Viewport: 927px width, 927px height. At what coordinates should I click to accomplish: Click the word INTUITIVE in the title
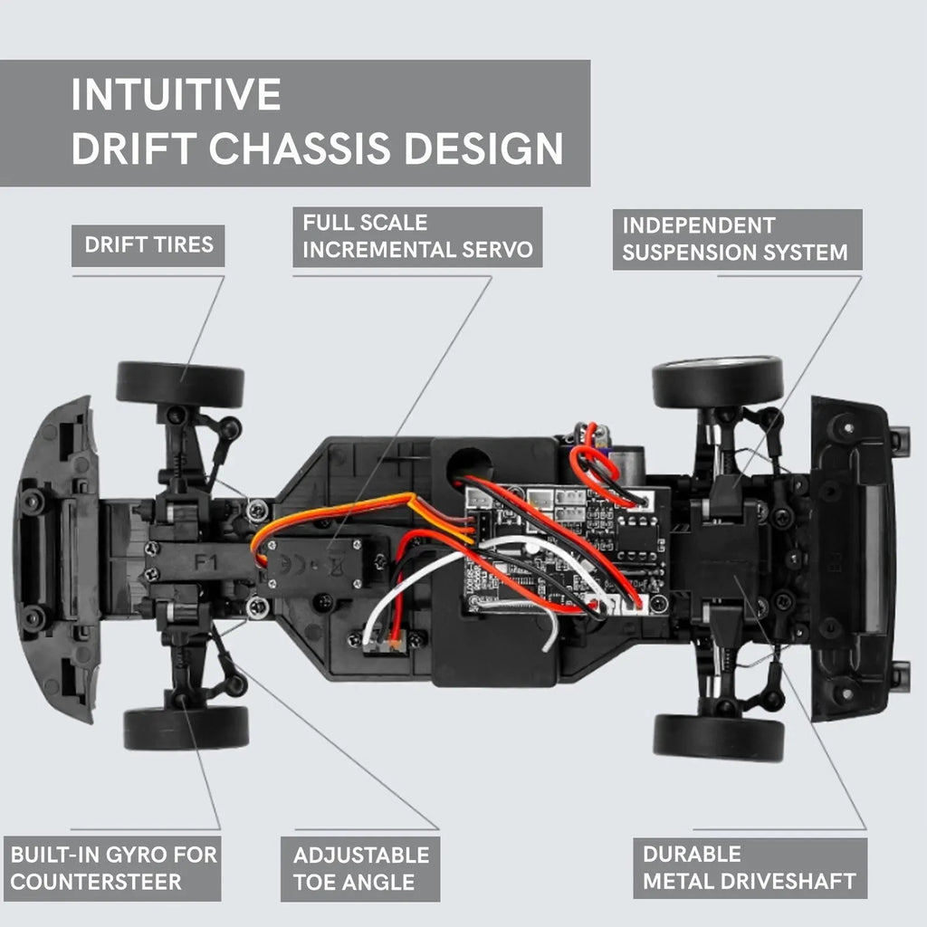point(176,94)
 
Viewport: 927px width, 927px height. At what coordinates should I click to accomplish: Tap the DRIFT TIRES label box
point(148,244)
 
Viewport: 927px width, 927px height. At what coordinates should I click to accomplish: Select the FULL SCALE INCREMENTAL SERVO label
point(417,236)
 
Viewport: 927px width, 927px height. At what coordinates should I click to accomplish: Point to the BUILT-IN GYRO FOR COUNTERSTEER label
point(113,868)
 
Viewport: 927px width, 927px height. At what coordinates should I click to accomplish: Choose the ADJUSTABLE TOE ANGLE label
point(360,869)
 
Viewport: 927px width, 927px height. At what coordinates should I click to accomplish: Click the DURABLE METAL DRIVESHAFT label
point(749,868)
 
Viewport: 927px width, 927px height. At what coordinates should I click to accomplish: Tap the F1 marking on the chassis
point(206,560)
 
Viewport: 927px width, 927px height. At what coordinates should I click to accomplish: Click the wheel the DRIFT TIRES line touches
point(180,385)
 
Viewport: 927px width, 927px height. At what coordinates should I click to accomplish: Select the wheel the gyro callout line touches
point(186,727)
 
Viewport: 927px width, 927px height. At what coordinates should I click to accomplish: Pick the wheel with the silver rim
point(717,381)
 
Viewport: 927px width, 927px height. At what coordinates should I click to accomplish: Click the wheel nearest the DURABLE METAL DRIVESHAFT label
point(718,737)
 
